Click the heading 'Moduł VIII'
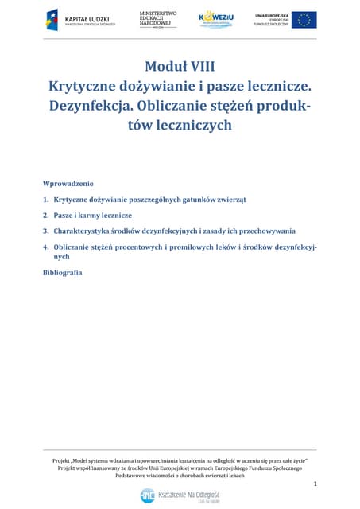click(x=180, y=66)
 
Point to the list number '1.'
click(x=46, y=199)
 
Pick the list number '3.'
click(x=46, y=231)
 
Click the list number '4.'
click(x=46, y=247)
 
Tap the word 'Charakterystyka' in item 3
click(x=85, y=231)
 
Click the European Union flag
click(x=304, y=20)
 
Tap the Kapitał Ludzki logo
click(x=80, y=20)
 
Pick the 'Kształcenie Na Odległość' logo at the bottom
click(x=180, y=495)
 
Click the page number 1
click(x=315, y=484)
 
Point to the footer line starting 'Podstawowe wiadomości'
click(x=180, y=475)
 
